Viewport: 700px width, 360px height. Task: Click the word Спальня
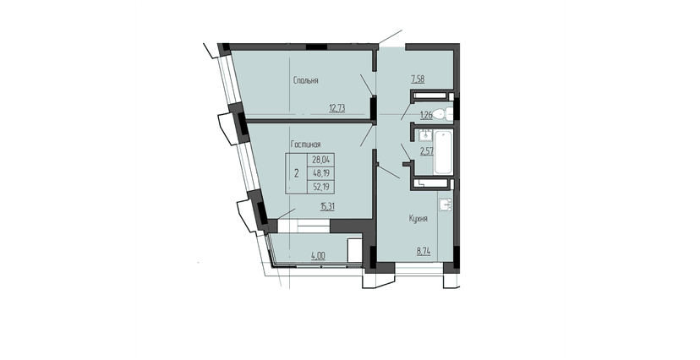tap(305, 81)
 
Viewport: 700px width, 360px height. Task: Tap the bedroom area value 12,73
tap(337, 107)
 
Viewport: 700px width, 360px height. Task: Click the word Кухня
tap(417, 219)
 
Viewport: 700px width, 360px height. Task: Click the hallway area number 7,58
tap(418, 79)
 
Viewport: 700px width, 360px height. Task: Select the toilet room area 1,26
tap(426, 116)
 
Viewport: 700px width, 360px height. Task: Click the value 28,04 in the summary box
tap(322, 158)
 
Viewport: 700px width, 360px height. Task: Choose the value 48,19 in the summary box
tap(322, 172)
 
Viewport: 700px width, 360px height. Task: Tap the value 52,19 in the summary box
tap(322, 186)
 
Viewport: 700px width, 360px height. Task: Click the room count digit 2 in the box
tap(295, 172)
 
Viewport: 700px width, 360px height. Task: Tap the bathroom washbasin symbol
tap(424, 134)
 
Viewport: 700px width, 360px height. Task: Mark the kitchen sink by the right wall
tap(446, 205)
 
